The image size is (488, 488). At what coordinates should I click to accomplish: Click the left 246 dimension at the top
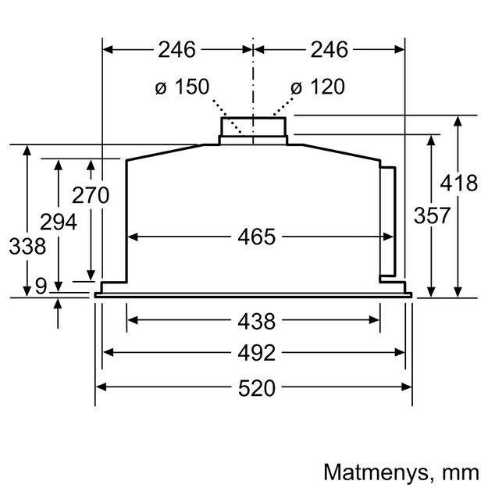(176, 50)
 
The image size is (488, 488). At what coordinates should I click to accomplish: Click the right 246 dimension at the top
(329, 50)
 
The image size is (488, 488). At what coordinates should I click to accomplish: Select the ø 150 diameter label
(182, 87)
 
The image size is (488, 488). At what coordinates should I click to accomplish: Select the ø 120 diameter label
(318, 87)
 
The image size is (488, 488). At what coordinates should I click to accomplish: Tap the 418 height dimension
(458, 184)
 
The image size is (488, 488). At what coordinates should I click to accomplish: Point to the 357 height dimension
(432, 216)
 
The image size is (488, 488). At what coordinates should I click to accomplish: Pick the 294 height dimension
(59, 223)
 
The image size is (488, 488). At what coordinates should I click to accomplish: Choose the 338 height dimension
(27, 247)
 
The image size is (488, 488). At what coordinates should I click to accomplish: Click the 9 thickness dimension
(41, 286)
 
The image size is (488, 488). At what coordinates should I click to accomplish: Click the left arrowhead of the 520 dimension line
(101, 387)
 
